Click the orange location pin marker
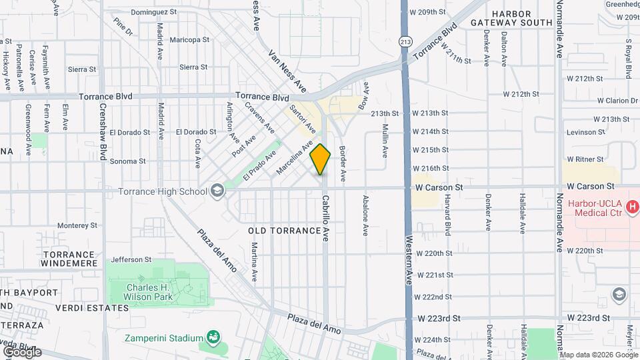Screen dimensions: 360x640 click(321, 159)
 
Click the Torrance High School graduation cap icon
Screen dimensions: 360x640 click(217, 192)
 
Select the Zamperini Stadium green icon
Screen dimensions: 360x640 click(213, 338)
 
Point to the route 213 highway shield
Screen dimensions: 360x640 click(405, 41)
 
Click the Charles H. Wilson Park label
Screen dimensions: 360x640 click(149, 292)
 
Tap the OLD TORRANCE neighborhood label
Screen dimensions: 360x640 click(284, 231)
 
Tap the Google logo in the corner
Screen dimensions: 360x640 click(22, 351)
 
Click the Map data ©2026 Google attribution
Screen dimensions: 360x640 click(597, 355)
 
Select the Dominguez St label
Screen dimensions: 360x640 click(153, 12)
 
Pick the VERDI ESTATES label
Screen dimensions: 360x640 click(92, 308)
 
